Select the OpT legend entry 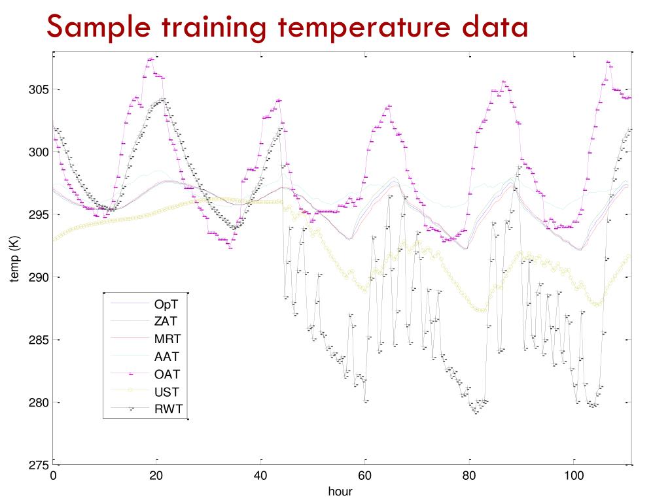pyautogui.click(x=166, y=304)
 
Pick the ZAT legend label pyautogui.click(x=166, y=322)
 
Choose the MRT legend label pyautogui.click(x=167, y=339)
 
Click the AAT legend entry pyautogui.click(x=166, y=357)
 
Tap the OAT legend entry pyautogui.click(x=167, y=375)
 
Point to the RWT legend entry pyautogui.click(x=167, y=410)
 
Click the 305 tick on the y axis pyautogui.click(x=37, y=90)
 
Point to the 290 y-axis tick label pyautogui.click(x=37, y=278)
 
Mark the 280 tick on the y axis pyautogui.click(x=37, y=403)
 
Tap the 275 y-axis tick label pyautogui.click(x=37, y=465)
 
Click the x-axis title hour pyautogui.click(x=342, y=490)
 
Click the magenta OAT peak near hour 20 pyautogui.click(x=152, y=59)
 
